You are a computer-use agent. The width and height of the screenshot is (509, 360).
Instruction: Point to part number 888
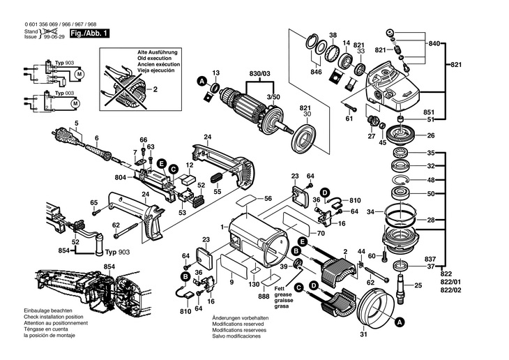[x=264, y=297]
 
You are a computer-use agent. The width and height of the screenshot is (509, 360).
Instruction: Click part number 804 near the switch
[x=120, y=177]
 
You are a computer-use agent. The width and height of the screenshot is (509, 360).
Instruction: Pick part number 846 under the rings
[x=316, y=72]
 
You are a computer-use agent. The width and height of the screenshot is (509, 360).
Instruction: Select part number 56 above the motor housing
[x=268, y=199]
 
